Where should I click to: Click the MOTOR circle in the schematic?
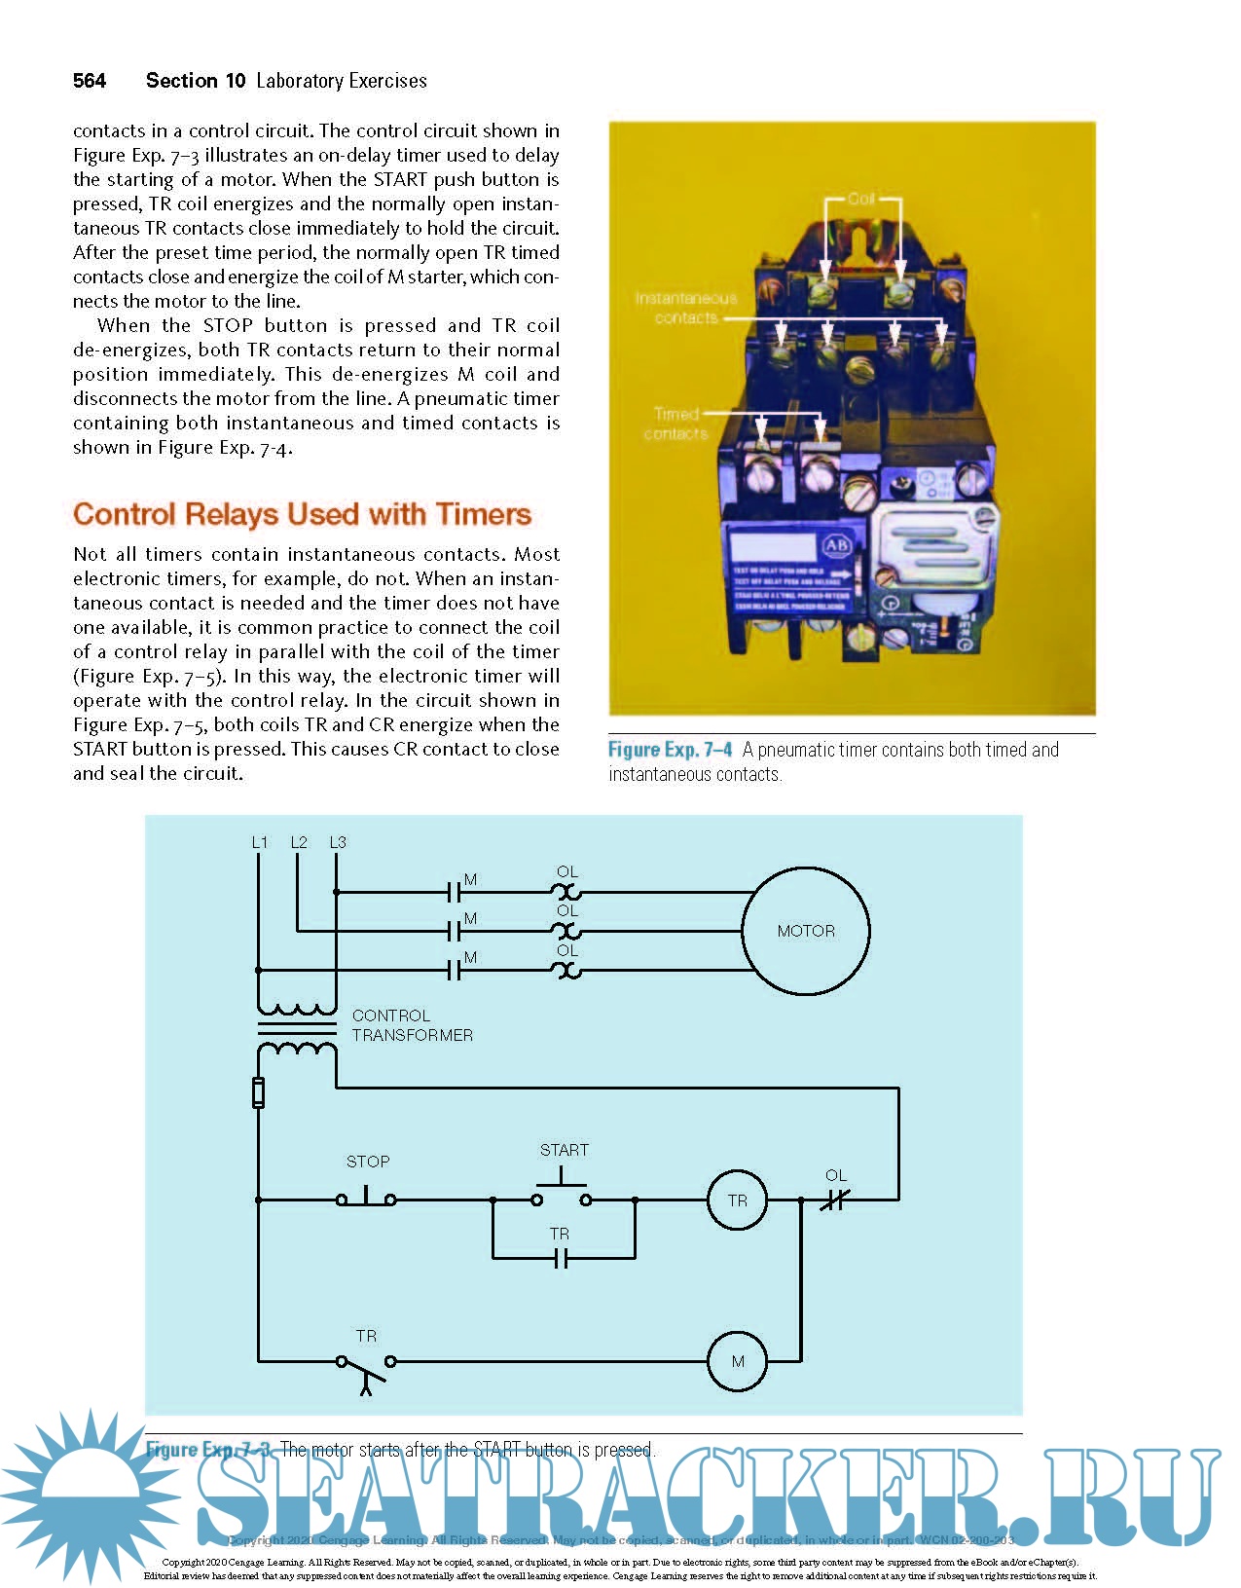(806, 931)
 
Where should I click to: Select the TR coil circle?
(737, 1200)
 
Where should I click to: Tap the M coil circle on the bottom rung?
(737, 1361)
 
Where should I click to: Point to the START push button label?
(564, 1150)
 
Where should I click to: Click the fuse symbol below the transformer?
(258, 1092)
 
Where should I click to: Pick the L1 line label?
(259, 842)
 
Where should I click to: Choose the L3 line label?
(338, 842)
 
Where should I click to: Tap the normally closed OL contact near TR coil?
(835, 1200)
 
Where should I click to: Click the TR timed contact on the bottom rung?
(366, 1367)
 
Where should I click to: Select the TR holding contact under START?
(560, 1258)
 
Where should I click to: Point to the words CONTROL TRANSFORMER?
(412, 1025)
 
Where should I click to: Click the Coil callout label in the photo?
(861, 199)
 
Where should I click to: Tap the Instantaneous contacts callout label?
(686, 308)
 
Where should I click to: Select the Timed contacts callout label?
(675, 424)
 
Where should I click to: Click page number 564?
(90, 81)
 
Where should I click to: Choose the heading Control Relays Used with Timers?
(302, 514)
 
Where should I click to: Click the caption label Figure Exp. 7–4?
(670, 750)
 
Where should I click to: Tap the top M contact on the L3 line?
(454, 892)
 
